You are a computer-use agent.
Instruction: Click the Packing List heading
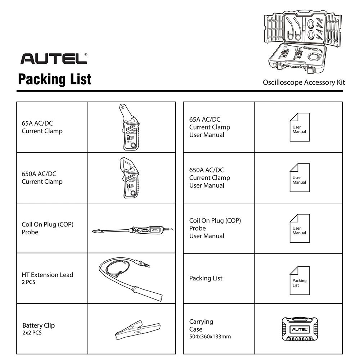[x=55, y=79]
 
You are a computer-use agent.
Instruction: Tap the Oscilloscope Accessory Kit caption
[x=303, y=82]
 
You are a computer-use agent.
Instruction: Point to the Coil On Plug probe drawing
[x=131, y=229]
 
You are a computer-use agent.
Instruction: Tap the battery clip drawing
[x=132, y=329]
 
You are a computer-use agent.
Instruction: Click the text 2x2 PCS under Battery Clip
[x=32, y=333]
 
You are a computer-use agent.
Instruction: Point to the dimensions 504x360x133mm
[x=210, y=337]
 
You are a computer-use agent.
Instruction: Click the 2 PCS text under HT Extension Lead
[x=28, y=282]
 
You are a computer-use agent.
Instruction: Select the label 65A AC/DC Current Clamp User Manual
[x=210, y=127]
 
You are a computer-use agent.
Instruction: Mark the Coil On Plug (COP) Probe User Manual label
[x=215, y=228]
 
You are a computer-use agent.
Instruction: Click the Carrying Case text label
[x=201, y=325]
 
